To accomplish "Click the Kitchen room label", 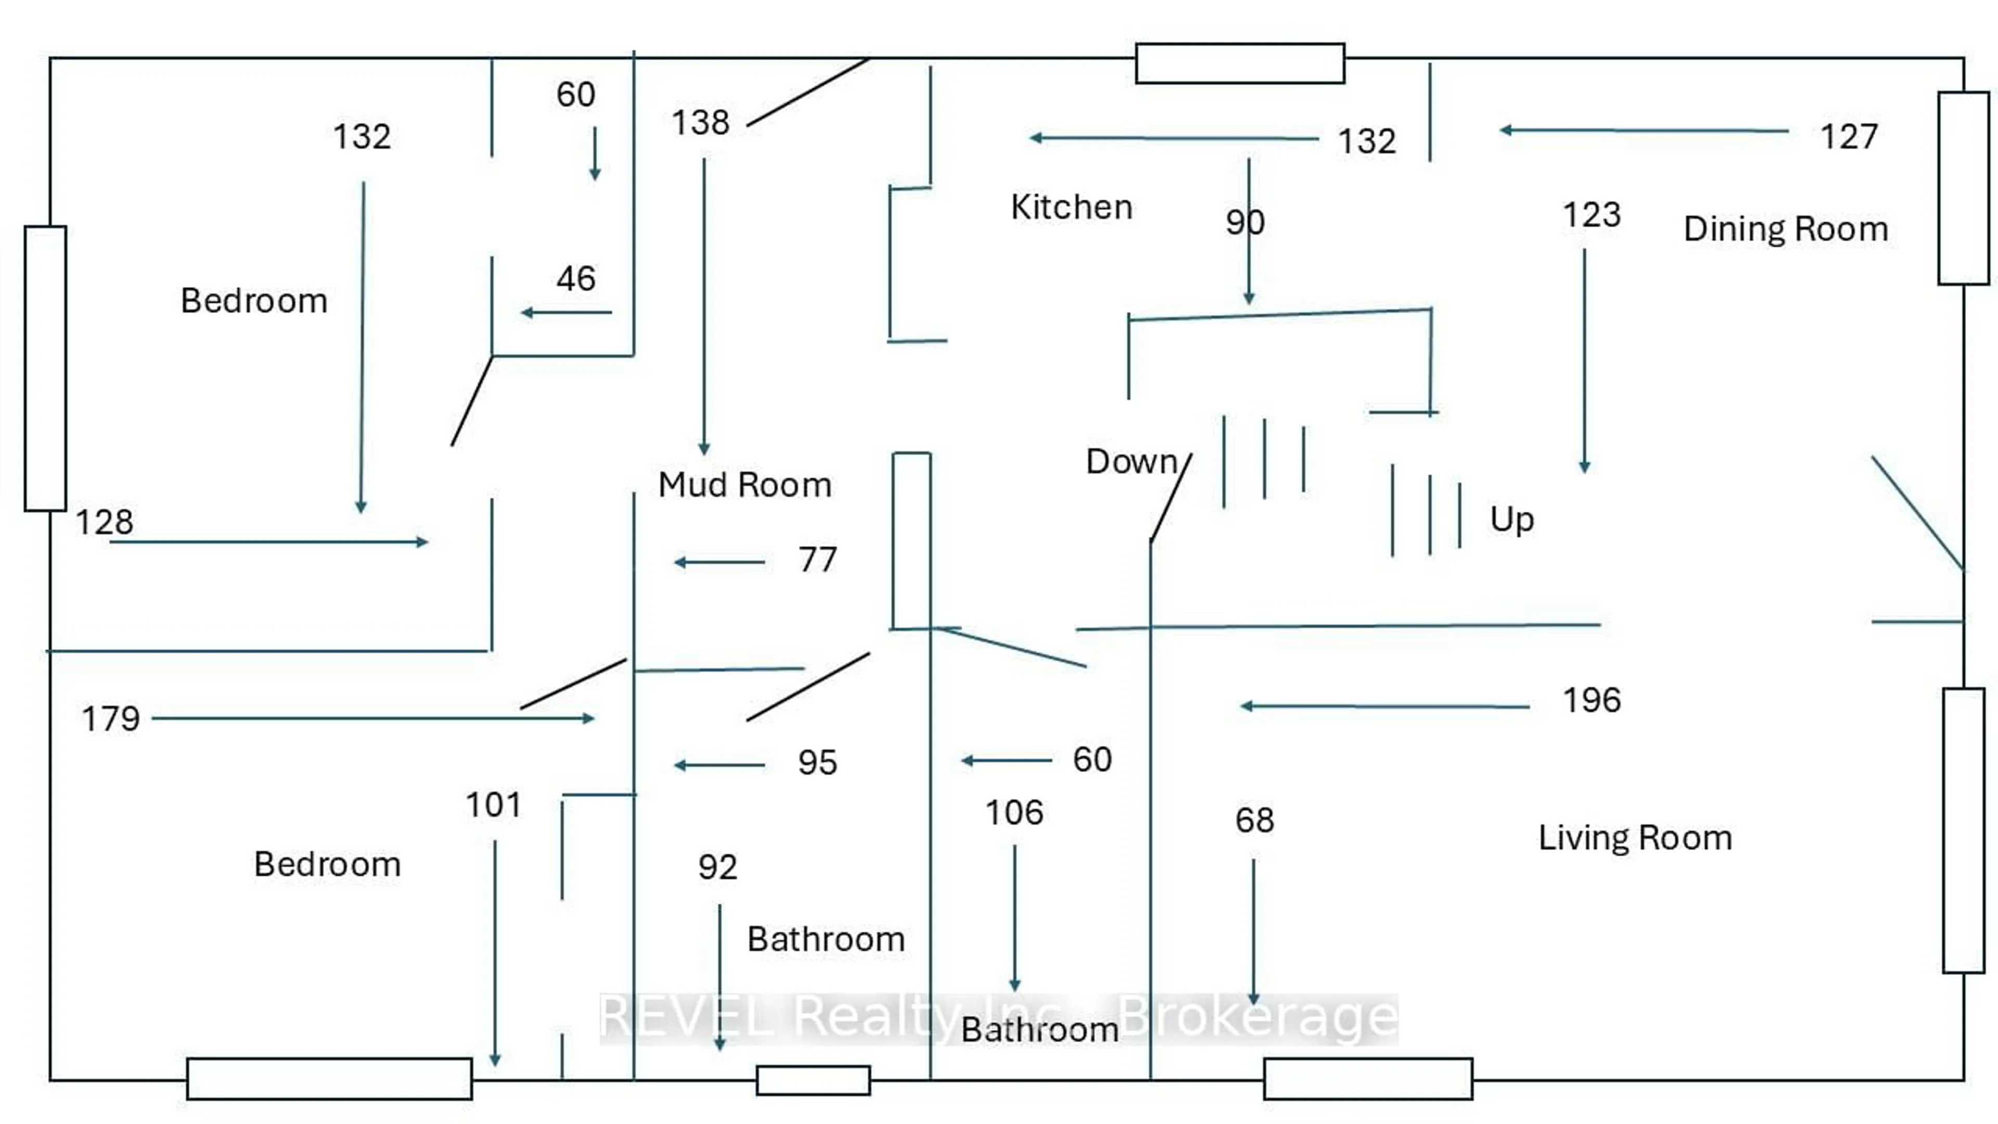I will (1071, 207).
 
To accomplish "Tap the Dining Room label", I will (1786, 229).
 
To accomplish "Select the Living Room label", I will (1635, 838).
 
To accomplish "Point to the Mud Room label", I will (745, 485).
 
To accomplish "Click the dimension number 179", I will (111, 719).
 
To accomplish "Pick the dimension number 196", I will (1592, 700).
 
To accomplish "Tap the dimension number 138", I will (700, 123).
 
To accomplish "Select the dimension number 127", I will (1849, 137).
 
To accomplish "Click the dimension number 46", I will (575, 278).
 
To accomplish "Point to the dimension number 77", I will (817, 559).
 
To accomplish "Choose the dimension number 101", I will (493, 805).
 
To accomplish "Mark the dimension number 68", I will (1254, 821).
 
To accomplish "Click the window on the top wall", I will (1239, 63).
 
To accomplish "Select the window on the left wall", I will (45, 368).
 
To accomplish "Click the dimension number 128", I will (104, 522).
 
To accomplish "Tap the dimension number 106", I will (1014, 813).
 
